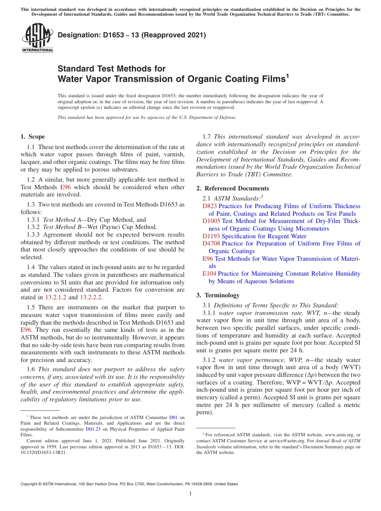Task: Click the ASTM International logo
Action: click(37, 38)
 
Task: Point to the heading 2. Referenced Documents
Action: click(233, 188)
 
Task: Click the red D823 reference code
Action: click(210, 206)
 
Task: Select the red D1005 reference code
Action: click(211, 221)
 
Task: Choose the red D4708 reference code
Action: click(211, 243)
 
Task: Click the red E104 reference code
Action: click(209, 274)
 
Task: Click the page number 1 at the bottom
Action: click(190, 494)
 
